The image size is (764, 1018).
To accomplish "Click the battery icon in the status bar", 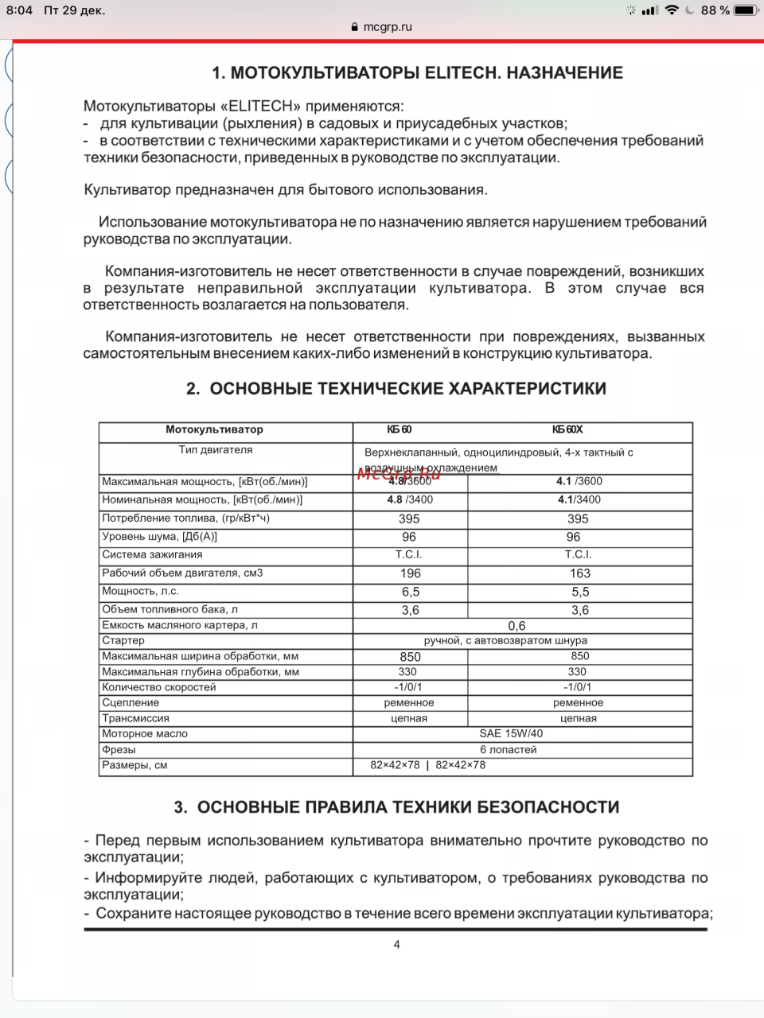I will point(745,10).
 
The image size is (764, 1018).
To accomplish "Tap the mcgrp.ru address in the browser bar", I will point(387,27).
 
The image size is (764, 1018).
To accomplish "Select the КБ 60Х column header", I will point(567,429).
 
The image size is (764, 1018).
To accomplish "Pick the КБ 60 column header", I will point(400,429).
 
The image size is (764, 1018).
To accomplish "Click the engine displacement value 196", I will point(411,573).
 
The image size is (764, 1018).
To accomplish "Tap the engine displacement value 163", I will point(580,573).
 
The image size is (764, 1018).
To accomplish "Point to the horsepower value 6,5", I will point(411,592).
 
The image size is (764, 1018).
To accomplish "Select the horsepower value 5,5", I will point(580,592).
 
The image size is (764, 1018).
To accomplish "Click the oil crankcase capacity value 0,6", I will point(516,626).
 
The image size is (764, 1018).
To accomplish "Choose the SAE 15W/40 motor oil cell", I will point(511,734).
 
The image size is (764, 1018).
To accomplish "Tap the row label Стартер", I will point(123,640).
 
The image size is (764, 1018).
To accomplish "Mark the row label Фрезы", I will point(119,750).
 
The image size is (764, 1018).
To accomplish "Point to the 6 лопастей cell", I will point(508,750).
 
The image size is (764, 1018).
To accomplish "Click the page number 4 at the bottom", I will point(396,945).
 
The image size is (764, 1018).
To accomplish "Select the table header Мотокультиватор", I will point(214,429).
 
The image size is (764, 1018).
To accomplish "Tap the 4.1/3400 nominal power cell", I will point(579,500).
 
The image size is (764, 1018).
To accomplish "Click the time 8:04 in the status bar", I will point(19,10).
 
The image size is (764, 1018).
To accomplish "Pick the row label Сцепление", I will point(131,703).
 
